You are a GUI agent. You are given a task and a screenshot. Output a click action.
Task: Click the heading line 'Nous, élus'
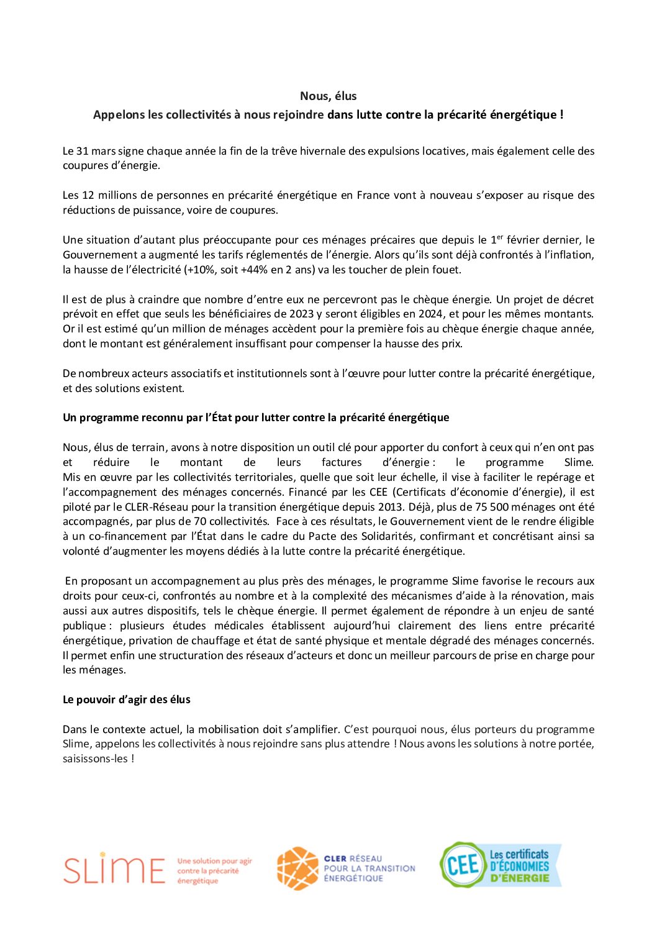tap(328, 96)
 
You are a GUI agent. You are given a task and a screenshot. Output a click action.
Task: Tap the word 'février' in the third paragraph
tap(523, 240)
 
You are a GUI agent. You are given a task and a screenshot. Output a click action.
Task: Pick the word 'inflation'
tap(569, 255)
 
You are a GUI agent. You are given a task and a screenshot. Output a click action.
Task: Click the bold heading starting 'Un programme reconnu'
tap(256, 417)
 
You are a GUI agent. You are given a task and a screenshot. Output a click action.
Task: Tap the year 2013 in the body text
tap(391, 506)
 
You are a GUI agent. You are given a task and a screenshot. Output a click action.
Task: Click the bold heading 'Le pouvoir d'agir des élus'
tap(127, 700)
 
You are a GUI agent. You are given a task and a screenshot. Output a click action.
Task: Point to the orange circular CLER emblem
tap(297, 868)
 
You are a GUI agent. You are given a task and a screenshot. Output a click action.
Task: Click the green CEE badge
tap(462, 864)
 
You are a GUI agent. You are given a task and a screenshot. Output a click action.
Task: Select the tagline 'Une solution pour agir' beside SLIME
tap(214, 861)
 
